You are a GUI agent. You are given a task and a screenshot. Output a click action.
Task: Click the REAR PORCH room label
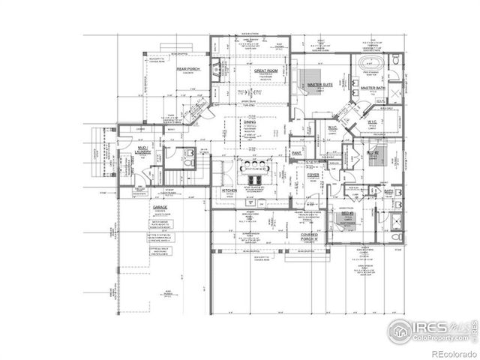click(188, 69)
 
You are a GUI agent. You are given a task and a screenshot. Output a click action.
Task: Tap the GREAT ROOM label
click(265, 70)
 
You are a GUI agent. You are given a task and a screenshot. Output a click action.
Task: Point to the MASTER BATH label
click(373, 88)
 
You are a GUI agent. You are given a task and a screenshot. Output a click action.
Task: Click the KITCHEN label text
click(229, 190)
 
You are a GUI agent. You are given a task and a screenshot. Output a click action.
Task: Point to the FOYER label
click(313, 175)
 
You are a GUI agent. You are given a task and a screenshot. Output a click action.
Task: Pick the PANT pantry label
click(297, 153)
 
